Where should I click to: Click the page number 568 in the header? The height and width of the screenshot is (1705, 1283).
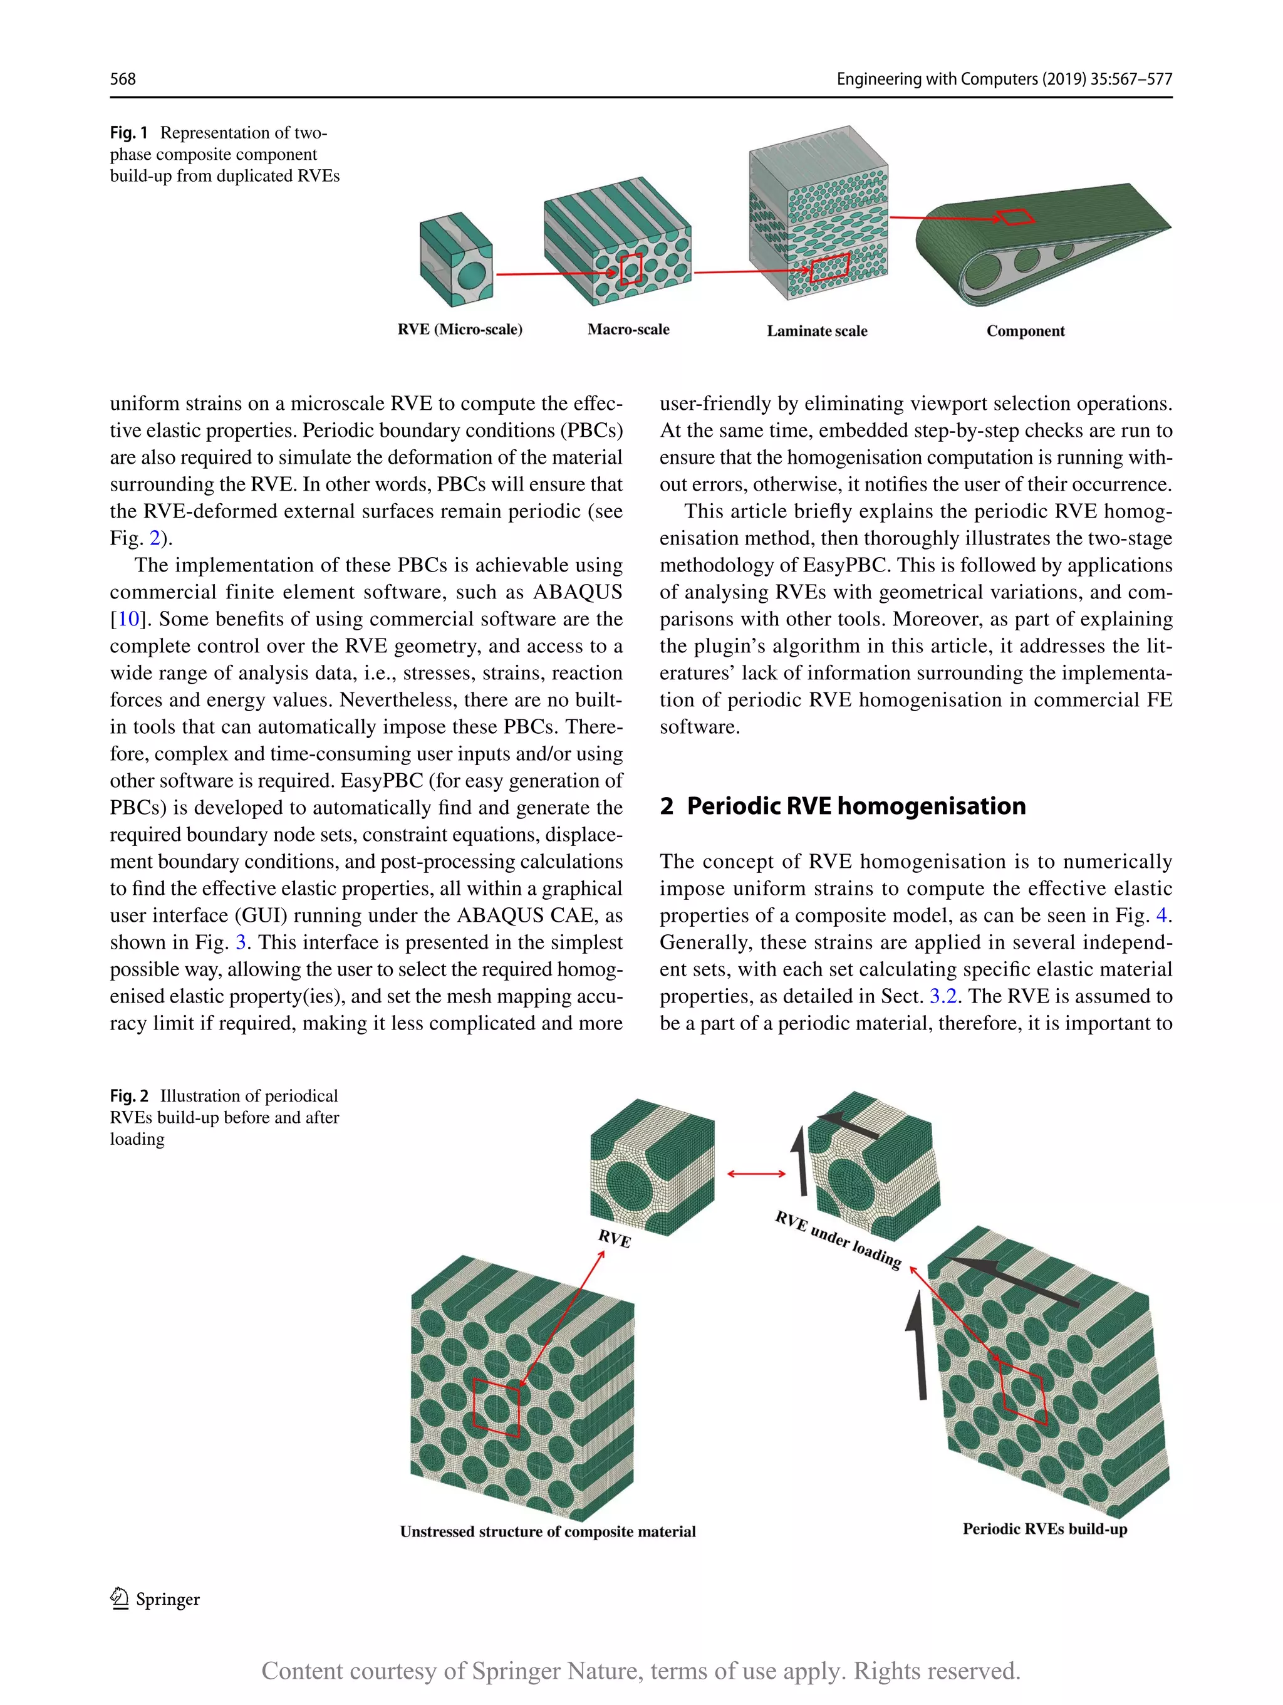pos(123,78)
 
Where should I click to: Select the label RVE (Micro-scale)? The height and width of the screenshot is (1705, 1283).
pos(460,329)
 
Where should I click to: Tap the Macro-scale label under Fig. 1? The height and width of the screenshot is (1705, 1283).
pos(628,329)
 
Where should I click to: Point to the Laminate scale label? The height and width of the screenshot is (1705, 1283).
pos(817,331)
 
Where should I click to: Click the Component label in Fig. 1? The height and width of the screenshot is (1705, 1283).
pos(1025,331)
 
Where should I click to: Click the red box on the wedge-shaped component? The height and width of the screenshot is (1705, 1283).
pos(1015,217)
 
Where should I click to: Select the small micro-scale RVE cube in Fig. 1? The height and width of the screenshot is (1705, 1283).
pos(456,260)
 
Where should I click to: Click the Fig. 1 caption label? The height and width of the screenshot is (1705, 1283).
pos(128,133)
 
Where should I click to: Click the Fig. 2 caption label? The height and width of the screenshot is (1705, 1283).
pos(128,1095)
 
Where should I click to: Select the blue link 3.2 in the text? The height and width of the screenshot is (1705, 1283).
pos(943,996)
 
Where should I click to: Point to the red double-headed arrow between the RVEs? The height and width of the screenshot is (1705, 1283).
pos(756,1174)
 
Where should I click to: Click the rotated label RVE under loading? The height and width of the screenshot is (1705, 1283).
pos(838,1239)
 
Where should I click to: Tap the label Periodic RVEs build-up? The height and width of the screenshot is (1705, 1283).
pos(1044,1528)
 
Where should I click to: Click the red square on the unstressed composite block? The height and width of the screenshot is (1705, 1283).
pos(496,1407)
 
